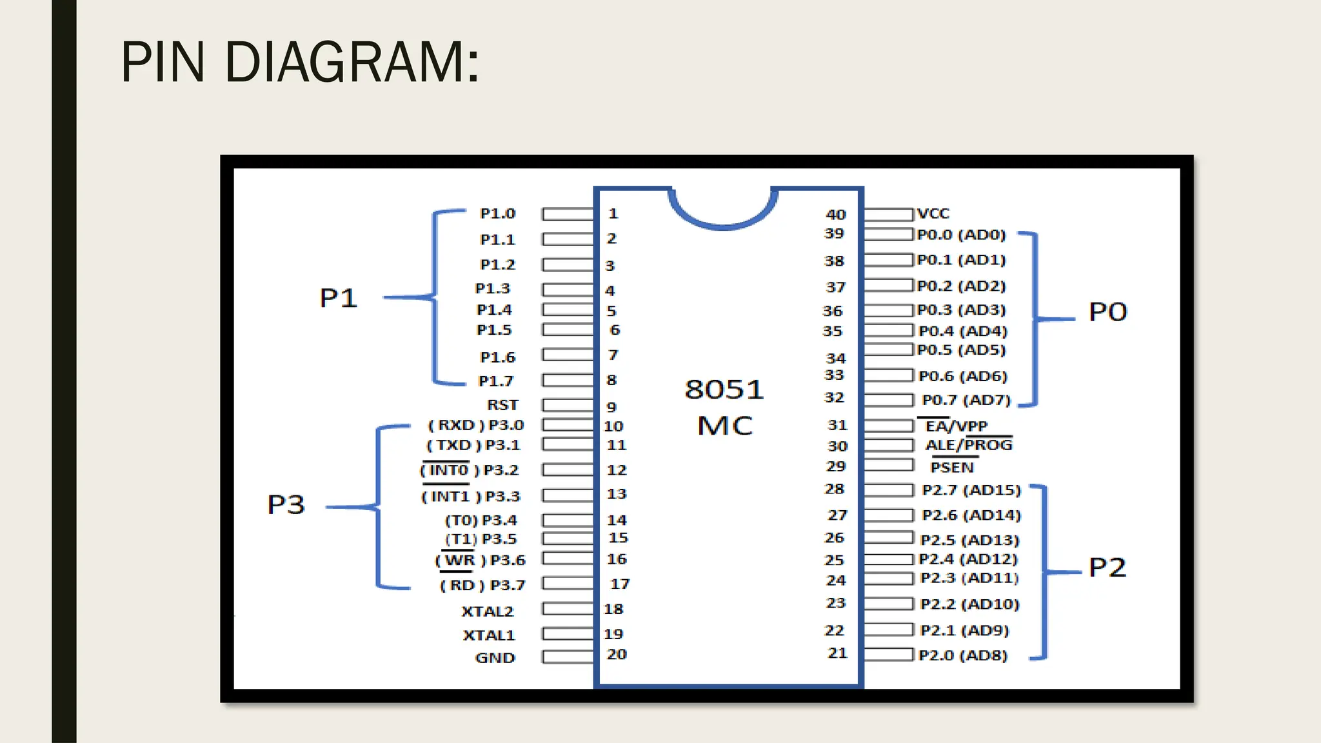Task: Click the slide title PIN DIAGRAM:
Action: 300,62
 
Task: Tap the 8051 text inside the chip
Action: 724,389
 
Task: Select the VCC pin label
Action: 933,213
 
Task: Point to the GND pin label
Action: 495,658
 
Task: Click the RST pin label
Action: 502,405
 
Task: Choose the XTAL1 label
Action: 489,635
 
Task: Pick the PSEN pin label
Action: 951,467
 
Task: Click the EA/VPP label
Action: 956,426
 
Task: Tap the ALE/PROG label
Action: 969,445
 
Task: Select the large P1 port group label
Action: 339,298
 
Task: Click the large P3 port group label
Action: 286,504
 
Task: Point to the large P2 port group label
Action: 1107,568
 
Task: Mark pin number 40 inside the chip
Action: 836,214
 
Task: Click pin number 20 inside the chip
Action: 617,654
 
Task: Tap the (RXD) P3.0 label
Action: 475,425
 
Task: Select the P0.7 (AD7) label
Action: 966,400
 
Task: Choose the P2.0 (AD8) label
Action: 962,655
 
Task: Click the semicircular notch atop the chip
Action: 722,210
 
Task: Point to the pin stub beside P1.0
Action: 568,214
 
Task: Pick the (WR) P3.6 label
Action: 480,560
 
